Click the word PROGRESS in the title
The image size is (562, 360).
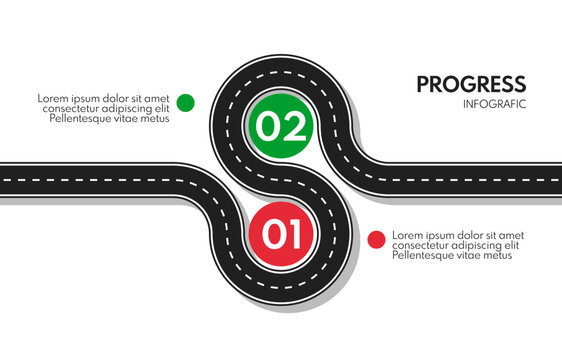pyautogui.click(x=470, y=84)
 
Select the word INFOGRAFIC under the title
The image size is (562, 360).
pyautogui.click(x=494, y=104)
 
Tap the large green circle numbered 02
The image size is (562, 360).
pyautogui.click(x=281, y=126)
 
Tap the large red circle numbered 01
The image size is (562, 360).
pyautogui.click(x=281, y=235)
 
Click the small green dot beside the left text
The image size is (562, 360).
pyautogui.click(x=185, y=102)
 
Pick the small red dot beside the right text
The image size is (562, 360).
pyautogui.click(x=376, y=239)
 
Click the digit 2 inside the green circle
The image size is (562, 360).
pyautogui.click(x=295, y=127)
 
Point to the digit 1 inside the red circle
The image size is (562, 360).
pyautogui.click(x=295, y=235)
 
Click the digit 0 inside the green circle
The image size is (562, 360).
pyautogui.click(x=267, y=127)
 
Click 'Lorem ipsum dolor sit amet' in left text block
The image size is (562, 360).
pyautogui.click(x=103, y=98)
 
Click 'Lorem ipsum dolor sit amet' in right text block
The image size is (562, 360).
pyautogui.click(x=458, y=235)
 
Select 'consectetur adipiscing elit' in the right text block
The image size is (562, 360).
pyautogui.click(x=455, y=245)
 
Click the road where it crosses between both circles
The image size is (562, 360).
pyautogui.click(x=281, y=180)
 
